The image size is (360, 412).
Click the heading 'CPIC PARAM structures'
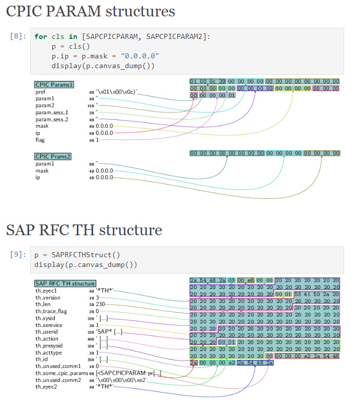pos(91,11)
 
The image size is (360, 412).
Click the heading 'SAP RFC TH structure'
pos(84,230)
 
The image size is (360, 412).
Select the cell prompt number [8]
pos(18,36)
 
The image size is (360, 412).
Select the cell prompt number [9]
pos(18,255)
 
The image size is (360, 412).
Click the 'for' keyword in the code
pos(40,36)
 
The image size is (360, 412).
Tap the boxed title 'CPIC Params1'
pos(54,85)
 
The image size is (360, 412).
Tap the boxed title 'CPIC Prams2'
pos(53,156)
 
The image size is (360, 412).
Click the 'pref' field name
pos(40,92)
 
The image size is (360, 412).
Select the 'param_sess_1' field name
pos(52,112)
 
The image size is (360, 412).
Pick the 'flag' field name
pos(40,140)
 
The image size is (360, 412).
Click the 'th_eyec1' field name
pos(46,291)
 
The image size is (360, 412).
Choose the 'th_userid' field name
pos(48,331)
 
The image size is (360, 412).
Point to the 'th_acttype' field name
pos(49,352)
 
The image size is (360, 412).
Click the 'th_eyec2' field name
pos(46,386)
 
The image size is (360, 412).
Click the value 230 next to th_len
pos(100,304)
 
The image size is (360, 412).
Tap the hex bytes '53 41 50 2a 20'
pos(316,294)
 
